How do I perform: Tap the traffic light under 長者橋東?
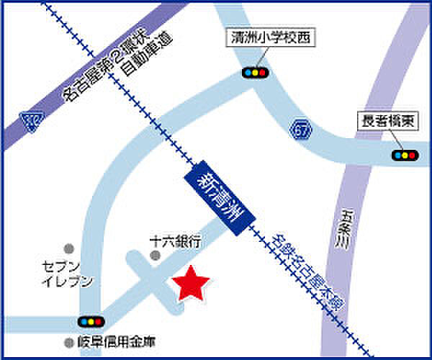coord(405,154)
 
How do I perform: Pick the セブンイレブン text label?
coord(68,274)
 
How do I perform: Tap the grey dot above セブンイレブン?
coord(68,247)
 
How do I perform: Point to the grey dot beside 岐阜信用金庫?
coord(69,342)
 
